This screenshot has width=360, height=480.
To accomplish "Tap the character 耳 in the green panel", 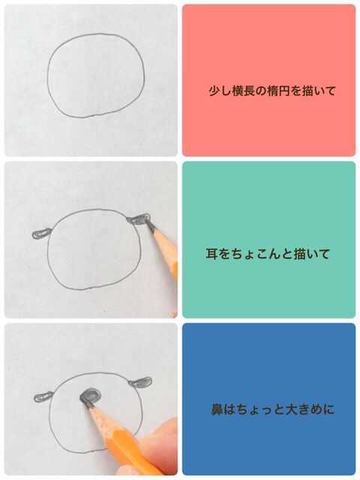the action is tap(211, 254).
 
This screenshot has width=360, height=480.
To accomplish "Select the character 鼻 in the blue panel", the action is tap(217, 409).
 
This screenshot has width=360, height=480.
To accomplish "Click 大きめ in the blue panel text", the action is tap(302, 409).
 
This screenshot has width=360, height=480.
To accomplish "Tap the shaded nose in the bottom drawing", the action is tap(90, 396).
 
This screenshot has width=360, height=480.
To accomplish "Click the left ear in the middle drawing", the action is tap(41, 233).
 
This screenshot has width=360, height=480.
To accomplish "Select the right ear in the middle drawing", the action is tap(139, 218).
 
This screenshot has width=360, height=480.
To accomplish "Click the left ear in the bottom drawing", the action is tap(43, 397).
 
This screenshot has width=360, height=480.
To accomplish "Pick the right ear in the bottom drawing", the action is tap(140, 382).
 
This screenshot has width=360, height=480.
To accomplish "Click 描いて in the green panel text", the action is tap(311, 254).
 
